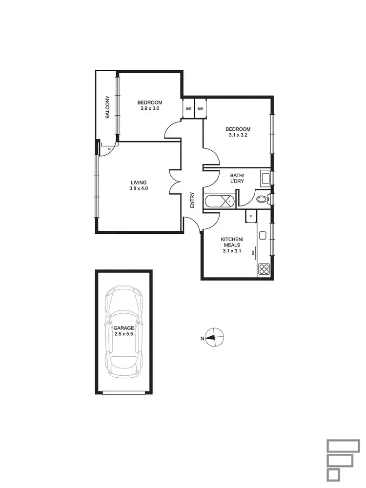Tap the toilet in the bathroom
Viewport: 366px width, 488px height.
[262, 199]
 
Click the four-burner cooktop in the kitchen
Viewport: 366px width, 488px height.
[264, 269]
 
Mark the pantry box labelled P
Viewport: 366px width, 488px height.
[251, 216]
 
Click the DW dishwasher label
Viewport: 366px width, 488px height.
[253, 252]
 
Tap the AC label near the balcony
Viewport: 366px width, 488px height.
[109, 149]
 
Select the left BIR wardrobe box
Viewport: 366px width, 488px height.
[188, 109]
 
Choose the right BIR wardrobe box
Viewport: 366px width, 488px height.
[201, 109]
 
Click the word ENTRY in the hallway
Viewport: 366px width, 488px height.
[192, 200]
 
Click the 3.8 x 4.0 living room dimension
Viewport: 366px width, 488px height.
[139, 188]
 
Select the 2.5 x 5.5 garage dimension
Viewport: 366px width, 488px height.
[123, 334]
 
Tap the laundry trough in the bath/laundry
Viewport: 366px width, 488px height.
[266, 178]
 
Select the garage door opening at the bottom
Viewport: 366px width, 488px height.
[123, 392]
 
